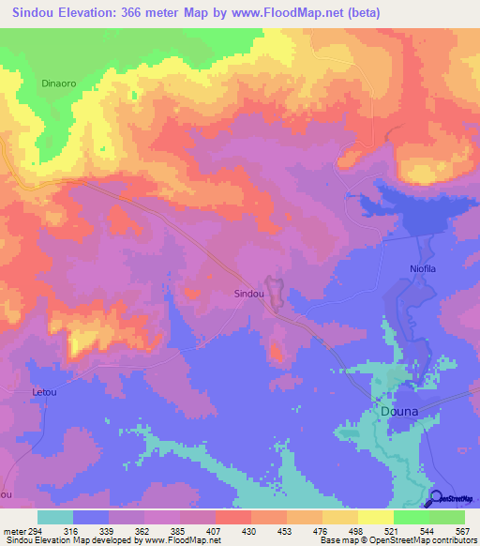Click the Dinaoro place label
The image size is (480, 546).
(58, 83)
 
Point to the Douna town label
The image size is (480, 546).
(399, 411)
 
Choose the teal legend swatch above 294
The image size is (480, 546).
(55, 517)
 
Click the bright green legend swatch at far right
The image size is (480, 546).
(447, 517)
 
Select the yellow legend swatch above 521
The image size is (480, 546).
(375, 517)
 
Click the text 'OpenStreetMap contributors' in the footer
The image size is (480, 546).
(412, 540)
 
